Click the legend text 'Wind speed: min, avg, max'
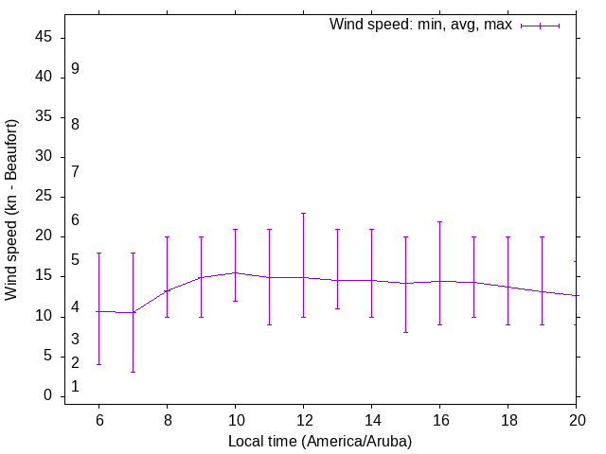click(x=420, y=25)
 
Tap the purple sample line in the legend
click(x=540, y=26)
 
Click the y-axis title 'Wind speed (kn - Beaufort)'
click(x=12, y=210)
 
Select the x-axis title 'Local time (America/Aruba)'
click(x=320, y=441)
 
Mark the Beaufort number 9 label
click(x=75, y=69)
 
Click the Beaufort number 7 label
click(x=75, y=171)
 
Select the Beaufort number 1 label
click(x=75, y=387)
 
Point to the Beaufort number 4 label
click(x=75, y=307)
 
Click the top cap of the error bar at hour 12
click(x=303, y=213)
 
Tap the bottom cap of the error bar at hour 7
click(x=133, y=372)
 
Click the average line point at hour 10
click(x=235, y=272)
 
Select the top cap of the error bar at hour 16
click(x=439, y=221)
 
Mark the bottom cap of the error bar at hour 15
click(x=405, y=332)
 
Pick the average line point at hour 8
click(x=167, y=290)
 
